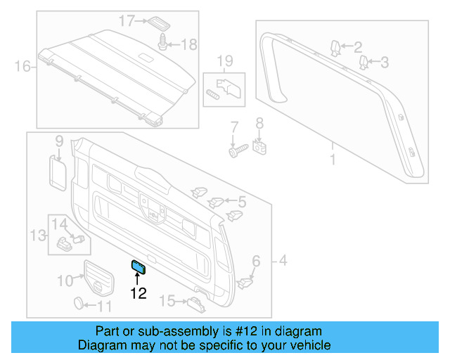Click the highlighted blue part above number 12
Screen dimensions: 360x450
138,265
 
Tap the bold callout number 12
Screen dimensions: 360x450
138,293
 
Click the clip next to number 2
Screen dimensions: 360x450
336,49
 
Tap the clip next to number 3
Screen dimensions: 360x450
365,64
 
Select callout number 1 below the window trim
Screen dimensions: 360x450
333,160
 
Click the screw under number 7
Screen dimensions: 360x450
236,150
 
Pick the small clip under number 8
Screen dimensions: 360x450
259,148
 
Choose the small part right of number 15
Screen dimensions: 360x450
196,303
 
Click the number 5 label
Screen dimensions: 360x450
241,202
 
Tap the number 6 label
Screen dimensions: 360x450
256,262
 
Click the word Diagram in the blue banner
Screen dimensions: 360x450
100,345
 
